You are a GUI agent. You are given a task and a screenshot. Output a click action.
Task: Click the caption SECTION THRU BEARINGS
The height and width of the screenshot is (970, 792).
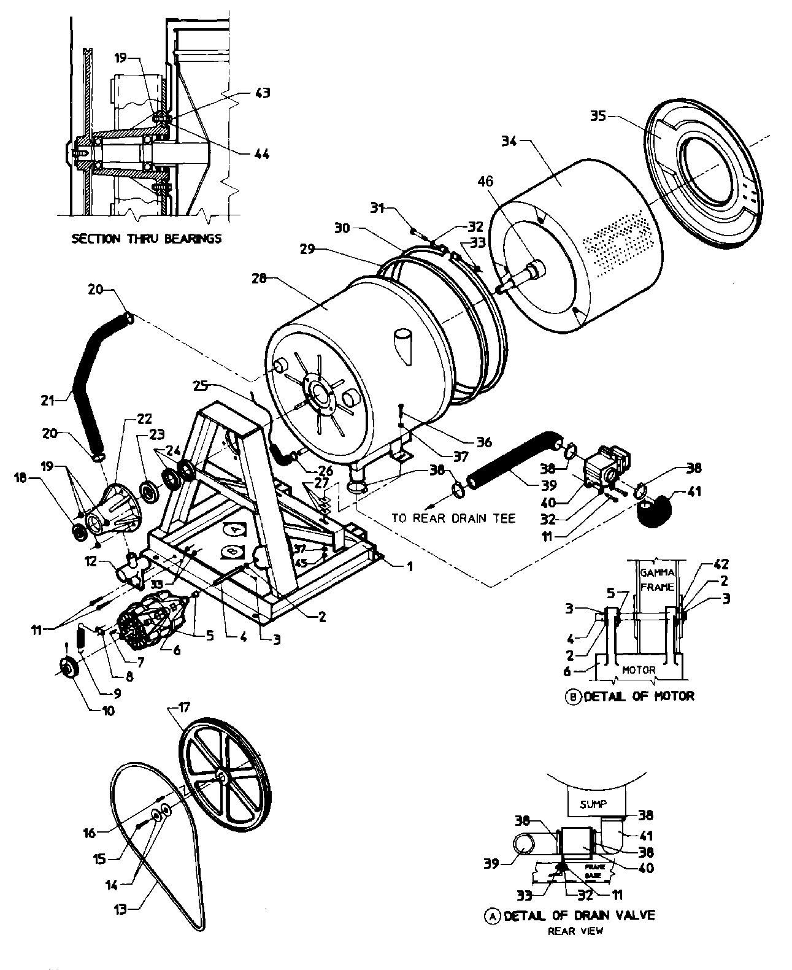(x=146, y=239)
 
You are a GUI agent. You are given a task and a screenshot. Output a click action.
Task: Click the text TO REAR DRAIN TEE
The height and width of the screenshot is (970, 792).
(x=453, y=518)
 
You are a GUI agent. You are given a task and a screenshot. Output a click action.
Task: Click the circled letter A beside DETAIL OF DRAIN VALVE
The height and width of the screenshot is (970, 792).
(x=492, y=915)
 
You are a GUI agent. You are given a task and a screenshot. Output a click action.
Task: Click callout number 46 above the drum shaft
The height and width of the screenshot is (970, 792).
(x=485, y=182)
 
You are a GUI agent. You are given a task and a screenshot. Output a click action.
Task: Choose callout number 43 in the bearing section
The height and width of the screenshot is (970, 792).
(x=262, y=93)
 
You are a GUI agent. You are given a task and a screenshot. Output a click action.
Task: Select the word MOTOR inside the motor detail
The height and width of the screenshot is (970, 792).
(x=639, y=670)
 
